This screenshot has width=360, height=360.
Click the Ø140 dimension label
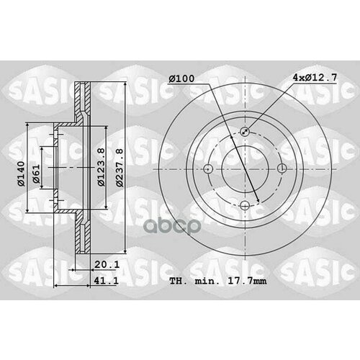click(x=22, y=170)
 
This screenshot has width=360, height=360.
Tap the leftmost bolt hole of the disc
click(x=208, y=169)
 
